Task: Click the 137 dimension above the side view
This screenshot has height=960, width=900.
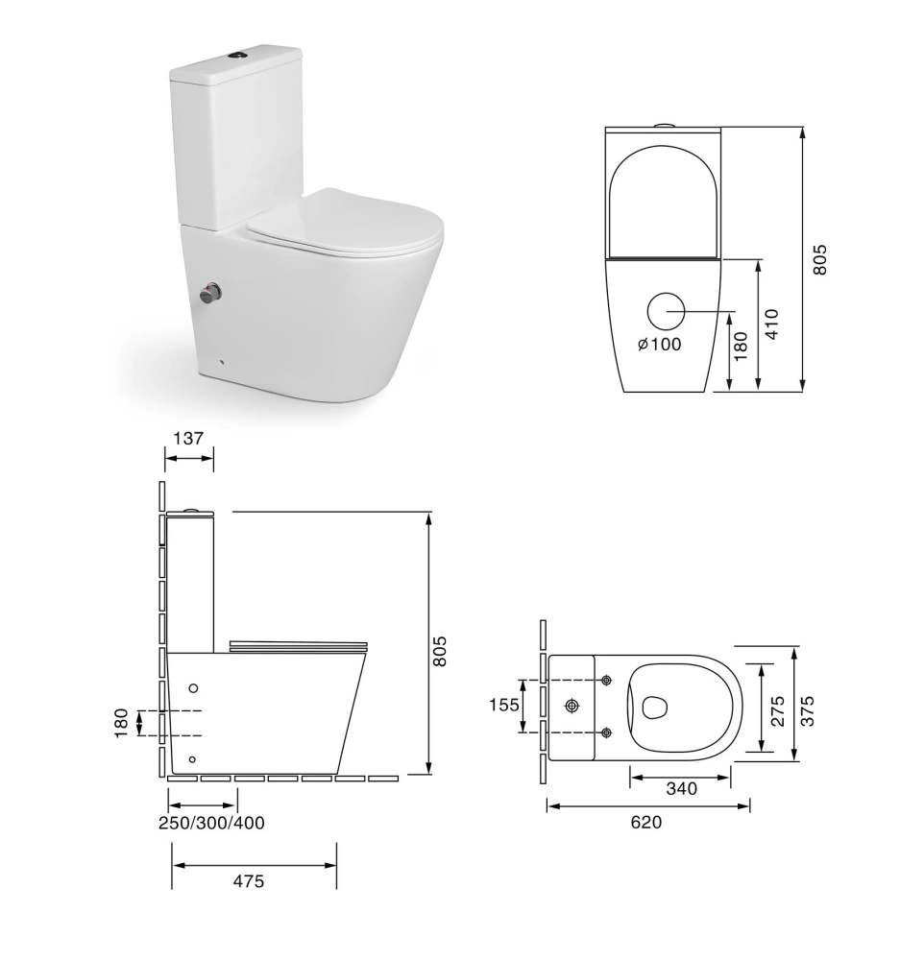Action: [188, 439]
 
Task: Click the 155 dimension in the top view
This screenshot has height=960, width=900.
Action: [504, 706]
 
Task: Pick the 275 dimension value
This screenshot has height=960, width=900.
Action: [778, 709]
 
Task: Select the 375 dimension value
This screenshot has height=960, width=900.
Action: [808, 709]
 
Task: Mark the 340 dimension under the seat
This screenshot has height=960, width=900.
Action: [681, 789]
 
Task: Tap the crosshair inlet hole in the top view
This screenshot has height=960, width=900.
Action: [572, 707]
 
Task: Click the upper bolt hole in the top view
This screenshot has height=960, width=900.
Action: [607, 681]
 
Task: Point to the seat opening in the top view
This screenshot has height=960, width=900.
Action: [655, 708]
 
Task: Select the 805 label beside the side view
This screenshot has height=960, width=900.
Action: [441, 652]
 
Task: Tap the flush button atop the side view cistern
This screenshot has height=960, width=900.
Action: [192, 510]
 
